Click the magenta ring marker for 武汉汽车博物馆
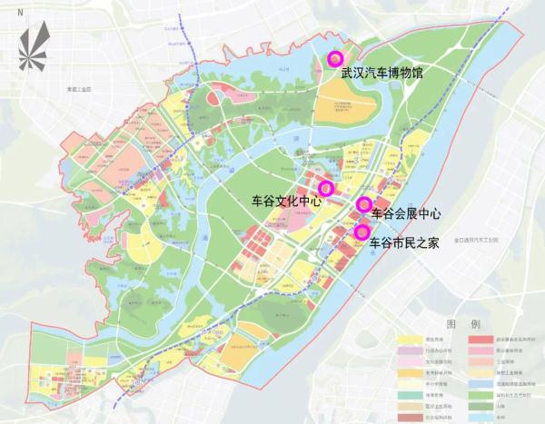click(334, 58)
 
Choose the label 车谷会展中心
click(406, 214)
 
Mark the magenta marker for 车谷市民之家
click(362, 232)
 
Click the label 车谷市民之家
click(405, 243)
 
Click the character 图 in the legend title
click(451, 324)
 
